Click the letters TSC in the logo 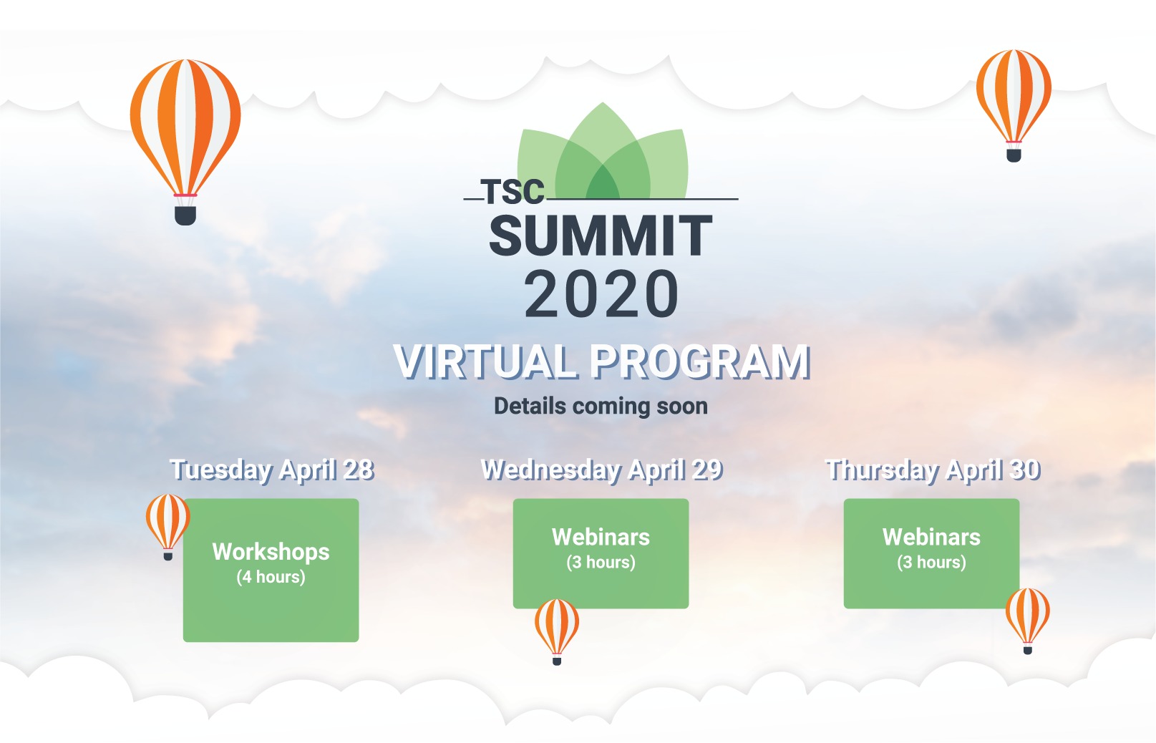[x=513, y=192]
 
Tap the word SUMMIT [x=601, y=235]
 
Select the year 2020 [x=601, y=294]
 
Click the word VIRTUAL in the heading [x=486, y=361]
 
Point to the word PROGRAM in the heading [x=700, y=361]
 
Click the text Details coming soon [x=601, y=406]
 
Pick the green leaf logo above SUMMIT [x=602, y=150]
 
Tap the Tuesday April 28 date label [x=272, y=470]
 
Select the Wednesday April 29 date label [x=602, y=470]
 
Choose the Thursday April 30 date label [x=933, y=470]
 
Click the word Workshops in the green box [x=271, y=552]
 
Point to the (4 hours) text [x=271, y=577]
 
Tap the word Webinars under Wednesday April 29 [x=601, y=537]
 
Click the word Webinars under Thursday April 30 [x=931, y=537]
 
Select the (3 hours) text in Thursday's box [x=931, y=562]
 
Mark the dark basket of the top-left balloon [x=185, y=215]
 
